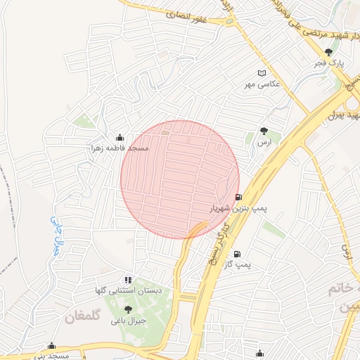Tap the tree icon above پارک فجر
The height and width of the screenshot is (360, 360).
point(329,51)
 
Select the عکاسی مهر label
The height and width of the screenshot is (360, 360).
point(262,84)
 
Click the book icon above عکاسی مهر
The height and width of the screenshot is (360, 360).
point(262,72)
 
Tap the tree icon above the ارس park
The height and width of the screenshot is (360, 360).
point(264,130)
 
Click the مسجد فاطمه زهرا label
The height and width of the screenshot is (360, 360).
point(115,149)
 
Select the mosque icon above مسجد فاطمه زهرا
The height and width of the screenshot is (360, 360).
point(119,137)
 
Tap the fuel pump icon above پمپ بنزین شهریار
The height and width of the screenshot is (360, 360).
point(238,198)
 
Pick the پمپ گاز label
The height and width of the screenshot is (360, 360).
point(237,264)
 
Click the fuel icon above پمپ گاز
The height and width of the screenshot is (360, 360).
point(237,254)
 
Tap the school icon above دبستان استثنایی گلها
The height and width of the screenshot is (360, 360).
point(127,280)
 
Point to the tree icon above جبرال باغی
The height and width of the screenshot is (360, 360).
point(127,309)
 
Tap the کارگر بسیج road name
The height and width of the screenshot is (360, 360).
point(219,239)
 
